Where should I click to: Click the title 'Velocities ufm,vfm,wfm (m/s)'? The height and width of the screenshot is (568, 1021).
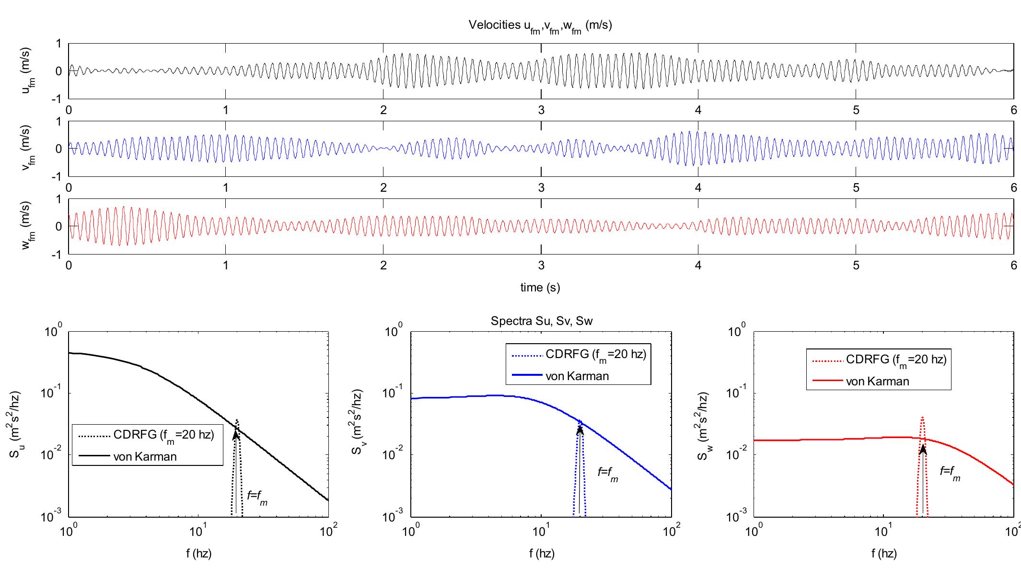[540, 26]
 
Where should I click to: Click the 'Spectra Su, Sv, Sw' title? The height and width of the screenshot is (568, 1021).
[541, 321]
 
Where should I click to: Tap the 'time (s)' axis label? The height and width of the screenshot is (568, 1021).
[540, 288]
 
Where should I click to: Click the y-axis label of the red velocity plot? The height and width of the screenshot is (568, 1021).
[28, 226]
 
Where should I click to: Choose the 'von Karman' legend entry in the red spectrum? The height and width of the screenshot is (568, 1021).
[877, 382]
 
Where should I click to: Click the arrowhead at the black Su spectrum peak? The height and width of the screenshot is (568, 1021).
[236, 434]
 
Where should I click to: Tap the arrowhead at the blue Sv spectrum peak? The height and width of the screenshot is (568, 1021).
[580, 429]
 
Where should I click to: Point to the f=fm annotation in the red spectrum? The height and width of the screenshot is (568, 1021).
[950, 473]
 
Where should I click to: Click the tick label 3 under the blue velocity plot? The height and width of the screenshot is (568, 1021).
[541, 187]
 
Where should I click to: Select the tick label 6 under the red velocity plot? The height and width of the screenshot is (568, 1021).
[1013, 266]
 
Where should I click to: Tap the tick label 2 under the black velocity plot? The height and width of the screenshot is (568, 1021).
[383, 110]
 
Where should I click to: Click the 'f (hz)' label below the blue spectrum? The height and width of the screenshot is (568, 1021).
[542, 554]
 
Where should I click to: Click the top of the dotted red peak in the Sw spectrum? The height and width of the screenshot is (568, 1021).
[922, 418]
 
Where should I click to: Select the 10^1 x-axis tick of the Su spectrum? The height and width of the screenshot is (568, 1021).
[198, 531]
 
